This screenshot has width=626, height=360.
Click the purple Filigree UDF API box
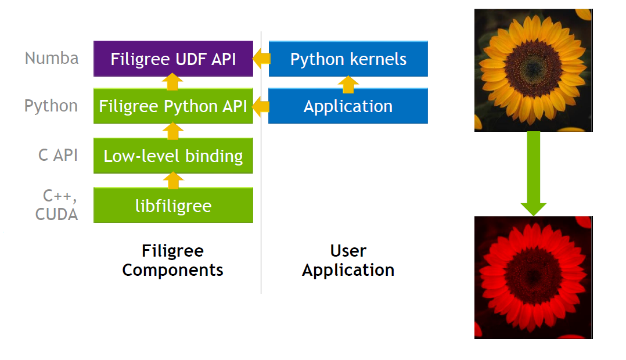click(x=173, y=59)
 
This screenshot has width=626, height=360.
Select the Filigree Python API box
click(x=173, y=106)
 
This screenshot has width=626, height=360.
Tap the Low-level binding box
click(x=173, y=156)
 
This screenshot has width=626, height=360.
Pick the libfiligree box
click(x=173, y=206)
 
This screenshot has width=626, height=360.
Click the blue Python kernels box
click(x=348, y=59)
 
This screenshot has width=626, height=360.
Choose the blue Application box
click(x=348, y=106)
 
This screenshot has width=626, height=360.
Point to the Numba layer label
click(x=52, y=58)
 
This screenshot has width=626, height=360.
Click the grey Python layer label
click(x=51, y=106)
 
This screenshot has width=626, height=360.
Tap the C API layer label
click(x=58, y=155)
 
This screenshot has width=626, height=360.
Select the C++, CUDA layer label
click(x=56, y=204)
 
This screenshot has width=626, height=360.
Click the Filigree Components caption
click(x=173, y=260)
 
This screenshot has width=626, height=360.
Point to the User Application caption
click(x=348, y=260)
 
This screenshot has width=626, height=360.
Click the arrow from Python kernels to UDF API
click(x=261, y=58)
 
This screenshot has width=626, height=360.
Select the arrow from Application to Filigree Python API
click(x=261, y=106)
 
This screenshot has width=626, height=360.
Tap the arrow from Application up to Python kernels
click(x=348, y=84)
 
